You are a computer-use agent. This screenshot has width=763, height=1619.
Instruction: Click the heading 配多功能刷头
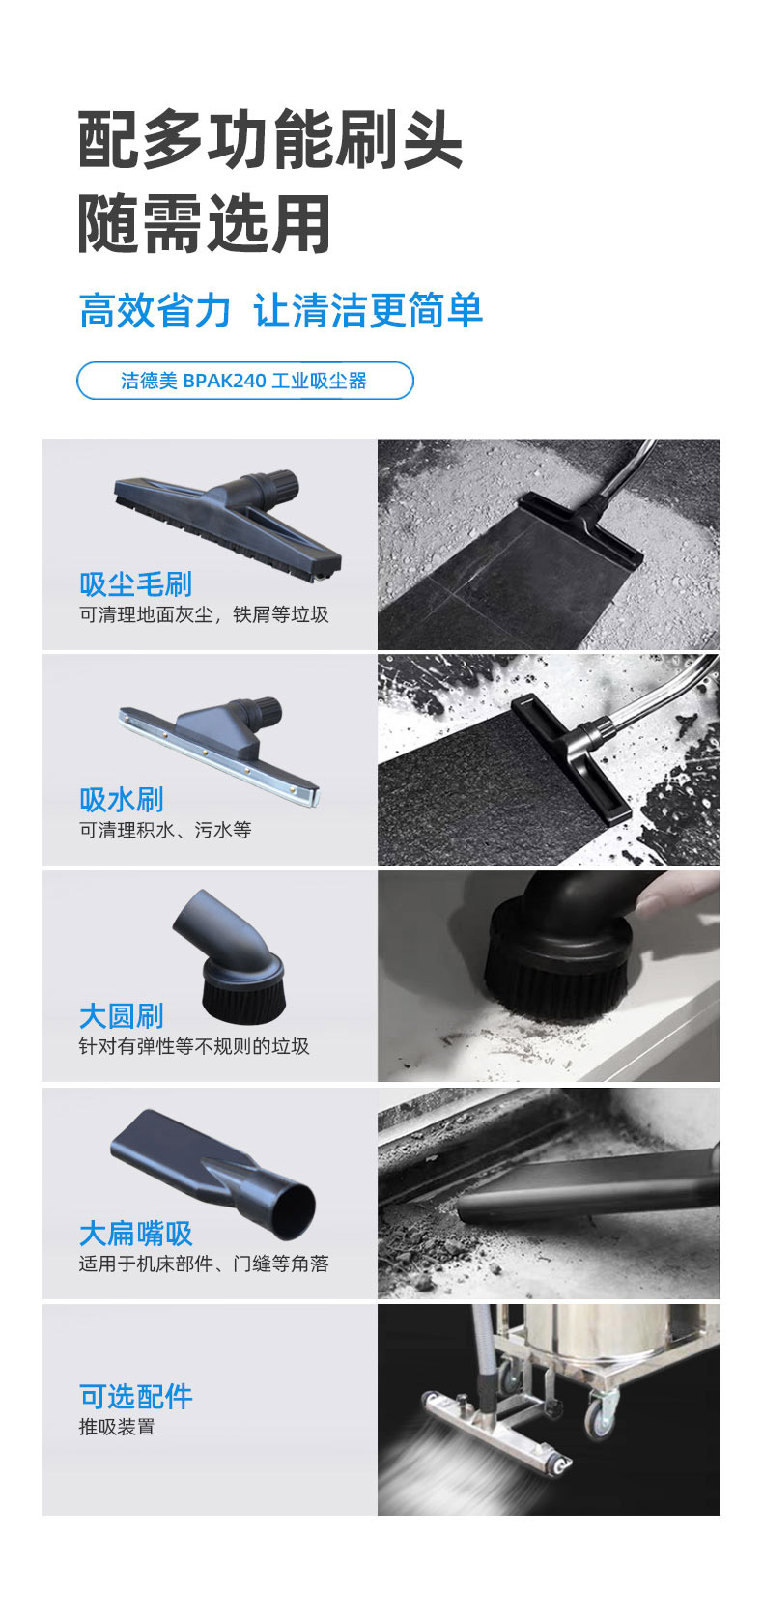pos(269,139)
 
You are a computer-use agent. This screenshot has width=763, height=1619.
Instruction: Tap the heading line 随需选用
pos(204,224)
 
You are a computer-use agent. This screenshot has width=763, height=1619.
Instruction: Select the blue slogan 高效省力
pos(155,311)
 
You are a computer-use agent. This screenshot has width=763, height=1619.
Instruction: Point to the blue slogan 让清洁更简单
pos(368,311)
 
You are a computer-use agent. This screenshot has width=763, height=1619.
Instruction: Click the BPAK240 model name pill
pos(245,381)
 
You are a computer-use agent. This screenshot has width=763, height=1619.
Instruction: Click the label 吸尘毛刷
pos(136,584)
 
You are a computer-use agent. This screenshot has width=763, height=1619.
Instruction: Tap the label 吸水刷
pos(122,800)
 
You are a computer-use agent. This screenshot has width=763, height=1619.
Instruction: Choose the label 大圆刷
pos(122,1015)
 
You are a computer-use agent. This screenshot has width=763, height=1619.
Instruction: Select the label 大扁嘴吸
pos(136,1233)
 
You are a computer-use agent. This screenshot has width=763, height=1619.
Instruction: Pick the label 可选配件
pos(136,1397)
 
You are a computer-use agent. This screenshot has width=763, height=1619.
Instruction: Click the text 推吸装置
pos(117,1427)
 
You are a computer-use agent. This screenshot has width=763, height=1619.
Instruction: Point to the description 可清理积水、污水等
pos(165,830)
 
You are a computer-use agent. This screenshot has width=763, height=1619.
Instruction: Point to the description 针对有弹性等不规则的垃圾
pos(193,1046)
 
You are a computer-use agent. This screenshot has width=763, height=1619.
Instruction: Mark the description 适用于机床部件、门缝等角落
pos(204,1264)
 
